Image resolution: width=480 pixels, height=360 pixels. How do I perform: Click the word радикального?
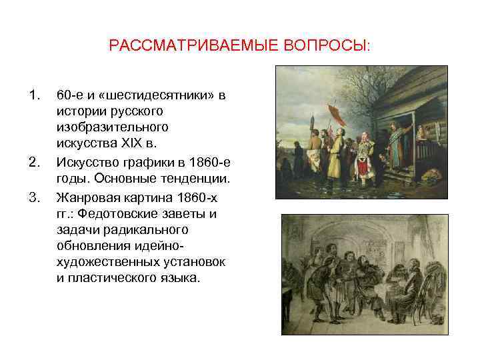click(x=151, y=229)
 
